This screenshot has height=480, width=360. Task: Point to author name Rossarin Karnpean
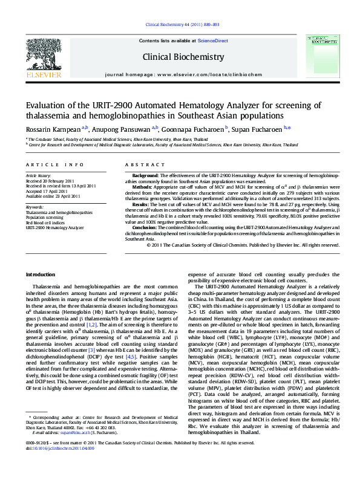pos(53,128)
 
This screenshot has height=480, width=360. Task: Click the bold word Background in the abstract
pos(145,175)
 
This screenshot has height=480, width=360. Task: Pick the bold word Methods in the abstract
pos(142,187)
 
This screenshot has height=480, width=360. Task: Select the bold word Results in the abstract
pos(141,205)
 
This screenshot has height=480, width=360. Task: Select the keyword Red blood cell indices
pos(45,222)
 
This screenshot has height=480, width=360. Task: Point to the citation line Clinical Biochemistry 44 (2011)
pos(179,25)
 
